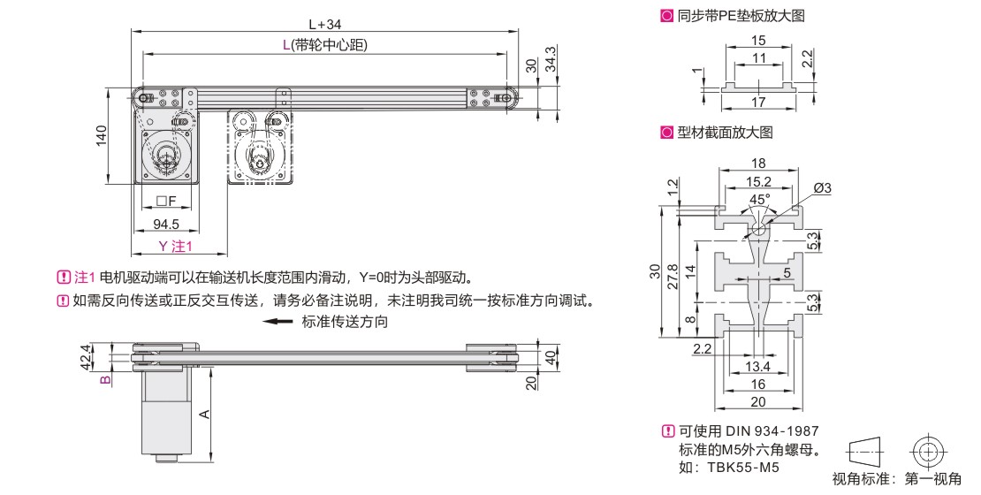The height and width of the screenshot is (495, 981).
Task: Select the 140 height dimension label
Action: pos(102,136)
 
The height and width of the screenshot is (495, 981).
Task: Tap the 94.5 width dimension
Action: pos(166,224)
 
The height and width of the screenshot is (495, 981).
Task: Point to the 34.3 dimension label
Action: pos(551,59)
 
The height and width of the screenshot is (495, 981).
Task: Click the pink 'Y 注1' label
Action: pos(175,246)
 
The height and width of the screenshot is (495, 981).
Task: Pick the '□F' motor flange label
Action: pos(167,201)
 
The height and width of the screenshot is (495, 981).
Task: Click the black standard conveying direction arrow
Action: pos(278,322)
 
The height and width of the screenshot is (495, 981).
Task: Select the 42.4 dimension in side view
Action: pos(84,357)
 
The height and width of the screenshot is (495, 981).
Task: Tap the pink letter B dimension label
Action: pos(106,378)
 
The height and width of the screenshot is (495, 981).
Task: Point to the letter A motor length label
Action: pos(204,414)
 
